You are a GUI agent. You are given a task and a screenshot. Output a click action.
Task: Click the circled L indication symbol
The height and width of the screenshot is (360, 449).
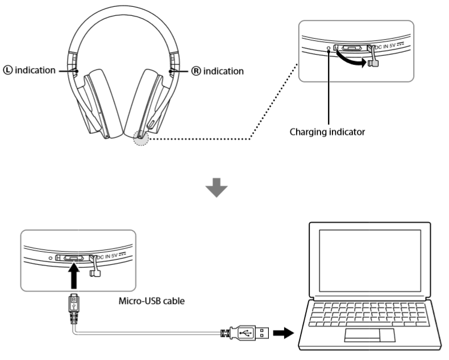tap(7, 71)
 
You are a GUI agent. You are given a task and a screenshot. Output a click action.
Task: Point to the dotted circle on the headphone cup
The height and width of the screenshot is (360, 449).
tap(140, 137)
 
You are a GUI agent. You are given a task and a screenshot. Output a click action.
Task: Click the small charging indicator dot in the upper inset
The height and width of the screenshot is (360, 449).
tap(329, 49)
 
